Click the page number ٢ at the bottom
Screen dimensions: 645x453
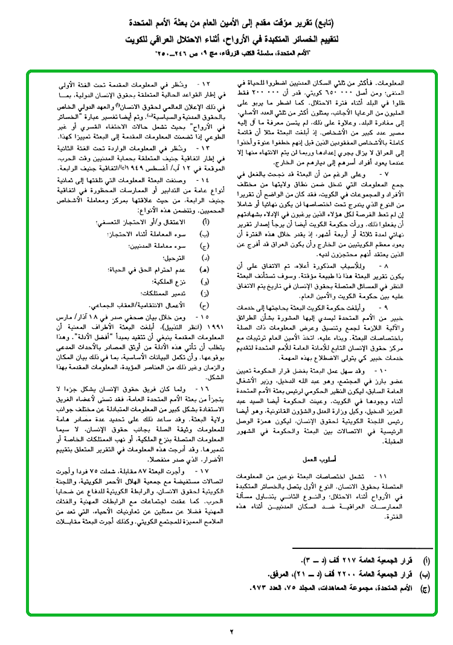tap(231, 632)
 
